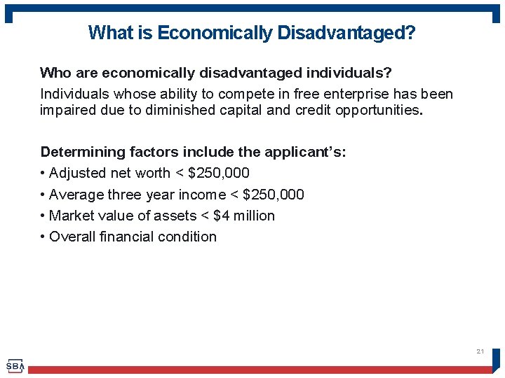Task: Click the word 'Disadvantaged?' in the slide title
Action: (345, 33)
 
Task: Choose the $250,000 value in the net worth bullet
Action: (219, 173)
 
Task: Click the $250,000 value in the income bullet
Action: (274, 195)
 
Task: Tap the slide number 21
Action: (480, 351)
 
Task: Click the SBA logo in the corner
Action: (15, 365)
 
